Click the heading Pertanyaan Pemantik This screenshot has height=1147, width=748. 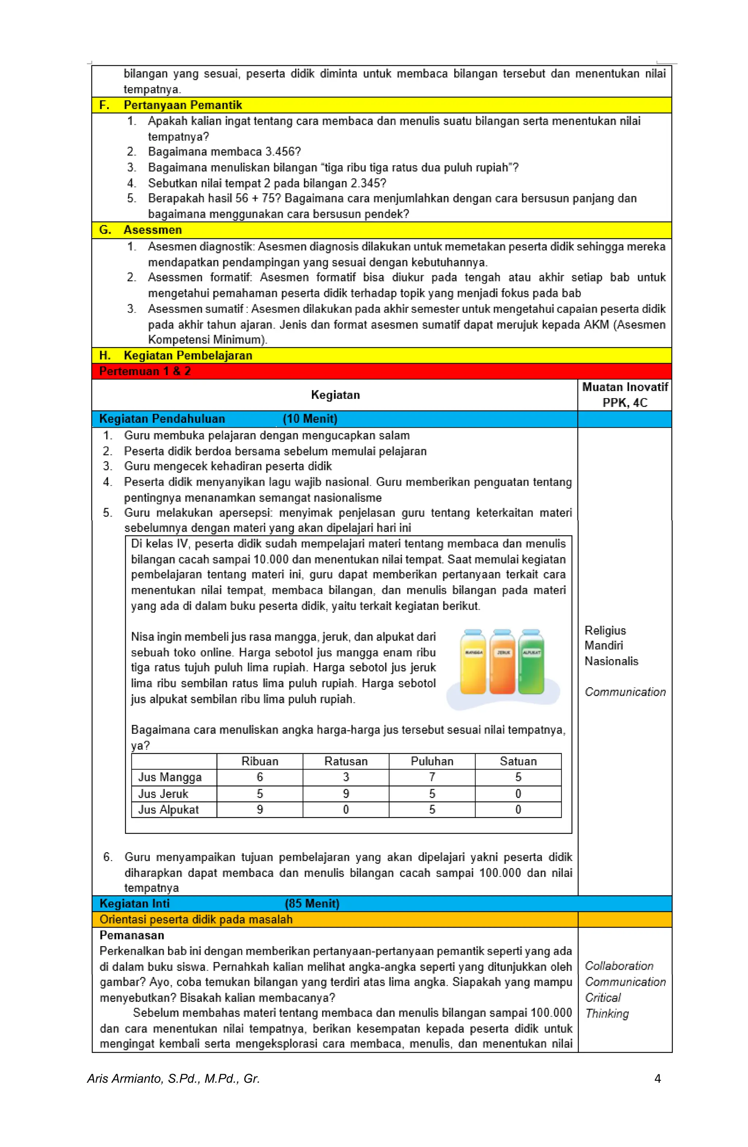[182, 105]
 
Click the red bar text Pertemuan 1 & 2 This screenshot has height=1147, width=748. [145, 371]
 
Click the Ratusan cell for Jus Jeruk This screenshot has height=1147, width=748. [346, 793]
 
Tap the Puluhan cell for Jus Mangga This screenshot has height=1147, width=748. [432, 777]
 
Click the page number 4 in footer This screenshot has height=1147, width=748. [657, 1078]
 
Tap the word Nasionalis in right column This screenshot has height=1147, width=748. [611, 661]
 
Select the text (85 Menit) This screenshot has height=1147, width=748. [312, 903]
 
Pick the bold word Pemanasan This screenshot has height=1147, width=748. [131, 935]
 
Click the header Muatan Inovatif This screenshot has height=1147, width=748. [625, 387]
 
